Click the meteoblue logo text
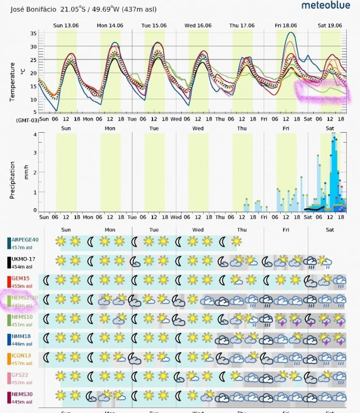point(328,6)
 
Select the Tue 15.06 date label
point(154,25)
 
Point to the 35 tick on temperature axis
point(33,34)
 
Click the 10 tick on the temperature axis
point(33,100)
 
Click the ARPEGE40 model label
point(25,240)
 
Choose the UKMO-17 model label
point(24,259)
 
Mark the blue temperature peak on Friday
point(292,33)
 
